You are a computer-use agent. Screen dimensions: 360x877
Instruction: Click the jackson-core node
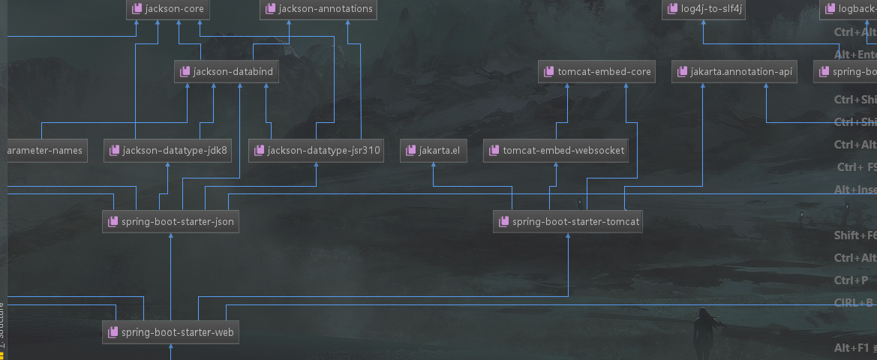(x=168, y=10)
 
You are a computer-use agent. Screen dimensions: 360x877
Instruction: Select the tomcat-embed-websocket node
(x=556, y=151)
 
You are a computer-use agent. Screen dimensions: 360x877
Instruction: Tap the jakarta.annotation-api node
(x=734, y=72)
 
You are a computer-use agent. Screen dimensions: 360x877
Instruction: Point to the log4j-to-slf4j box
(x=703, y=10)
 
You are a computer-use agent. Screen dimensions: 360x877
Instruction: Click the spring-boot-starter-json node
(x=171, y=222)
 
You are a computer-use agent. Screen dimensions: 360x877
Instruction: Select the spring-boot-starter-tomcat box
(x=568, y=222)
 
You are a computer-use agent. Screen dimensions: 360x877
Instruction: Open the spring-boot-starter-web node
(x=171, y=331)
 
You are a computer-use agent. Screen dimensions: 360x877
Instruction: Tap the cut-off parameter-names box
(x=45, y=151)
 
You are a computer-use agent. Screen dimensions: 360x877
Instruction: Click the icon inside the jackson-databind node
(x=185, y=72)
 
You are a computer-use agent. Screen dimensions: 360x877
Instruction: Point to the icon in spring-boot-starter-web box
(x=113, y=331)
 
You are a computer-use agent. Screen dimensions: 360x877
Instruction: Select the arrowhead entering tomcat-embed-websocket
(x=556, y=166)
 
